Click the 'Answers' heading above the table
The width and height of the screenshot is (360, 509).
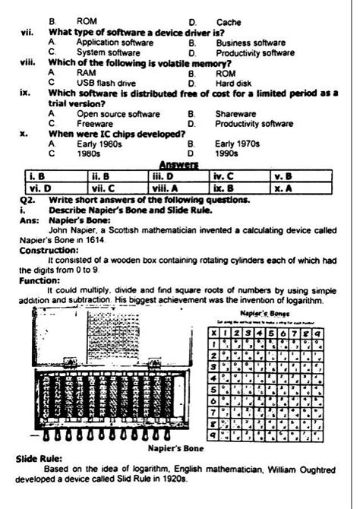(x=179, y=164)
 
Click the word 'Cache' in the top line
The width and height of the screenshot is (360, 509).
(x=229, y=23)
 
